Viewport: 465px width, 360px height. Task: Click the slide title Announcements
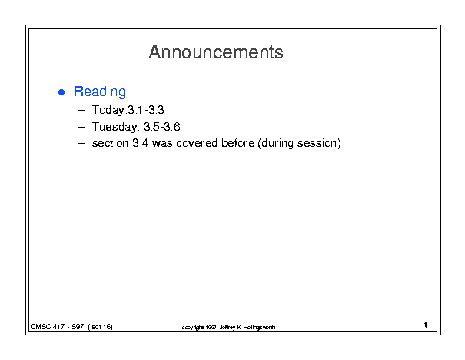[216, 52]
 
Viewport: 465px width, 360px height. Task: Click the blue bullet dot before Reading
[61, 92]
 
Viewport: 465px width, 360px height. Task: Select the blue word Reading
[100, 92]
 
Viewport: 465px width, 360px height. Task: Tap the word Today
[108, 111]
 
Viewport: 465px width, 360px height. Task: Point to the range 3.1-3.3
[145, 110]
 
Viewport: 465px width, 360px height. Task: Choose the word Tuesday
[115, 127]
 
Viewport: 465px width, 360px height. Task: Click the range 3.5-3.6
[162, 127]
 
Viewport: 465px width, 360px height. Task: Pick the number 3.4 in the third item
[140, 143]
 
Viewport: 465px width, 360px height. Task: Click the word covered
[197, 143]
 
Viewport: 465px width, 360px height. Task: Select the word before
[237, 143]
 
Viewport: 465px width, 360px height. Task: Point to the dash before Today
[81, 111]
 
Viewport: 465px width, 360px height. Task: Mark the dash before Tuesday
[81, 127]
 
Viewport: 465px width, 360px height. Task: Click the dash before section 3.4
[81, 144]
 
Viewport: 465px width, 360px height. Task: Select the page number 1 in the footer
[426, 325]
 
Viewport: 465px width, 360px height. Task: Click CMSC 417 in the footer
[48, 327]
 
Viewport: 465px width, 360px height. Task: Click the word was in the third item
[162, 143]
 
